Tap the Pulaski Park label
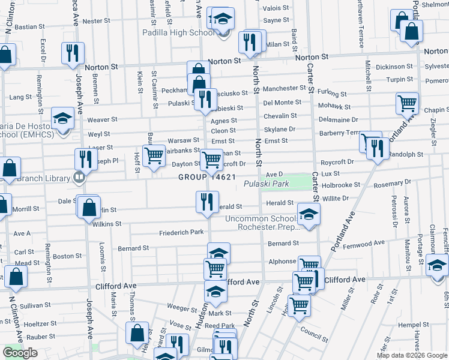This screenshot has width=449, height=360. (267, 183)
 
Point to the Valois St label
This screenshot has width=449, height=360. (277, 8)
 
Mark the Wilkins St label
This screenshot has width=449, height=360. (107, 224)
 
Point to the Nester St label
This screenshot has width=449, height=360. (96, 21)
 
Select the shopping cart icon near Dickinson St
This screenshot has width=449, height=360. (407, 103)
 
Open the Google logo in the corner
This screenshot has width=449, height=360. (20, 353)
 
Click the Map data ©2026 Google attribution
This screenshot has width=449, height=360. (412, 355)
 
